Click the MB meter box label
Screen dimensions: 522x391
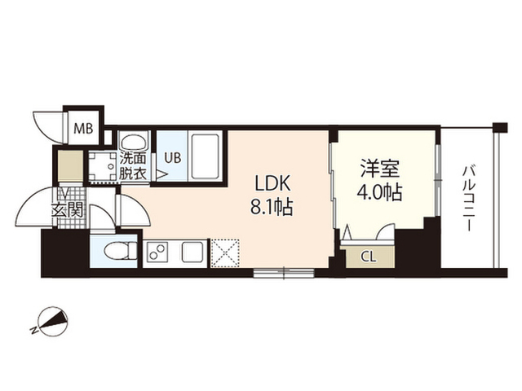pos(83,128)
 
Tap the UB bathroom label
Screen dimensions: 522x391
pos(173,157)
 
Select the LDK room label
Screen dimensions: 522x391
pos(272,182)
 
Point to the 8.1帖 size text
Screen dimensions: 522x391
pos(272,208)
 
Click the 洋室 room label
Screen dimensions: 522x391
pos(379,169)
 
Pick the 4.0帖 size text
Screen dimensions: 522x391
pos(379,192)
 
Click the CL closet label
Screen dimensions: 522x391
pos(369,257)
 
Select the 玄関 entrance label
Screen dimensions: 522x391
pos(67,210)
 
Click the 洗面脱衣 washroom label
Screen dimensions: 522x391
pos(133,166)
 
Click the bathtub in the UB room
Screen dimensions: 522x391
pos(205,156)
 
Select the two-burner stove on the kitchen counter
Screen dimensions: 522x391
pos(157,252)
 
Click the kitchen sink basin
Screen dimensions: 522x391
pos(192,252)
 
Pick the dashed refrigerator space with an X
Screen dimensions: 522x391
pos(225,253)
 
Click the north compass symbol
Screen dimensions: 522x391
pos(53,321)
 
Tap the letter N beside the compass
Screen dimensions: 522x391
pos(33,330)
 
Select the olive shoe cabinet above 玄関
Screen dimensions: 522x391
pos(71,166)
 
